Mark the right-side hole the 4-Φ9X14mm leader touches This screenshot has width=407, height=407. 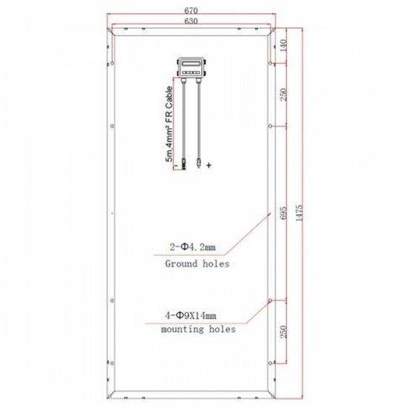271,302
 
